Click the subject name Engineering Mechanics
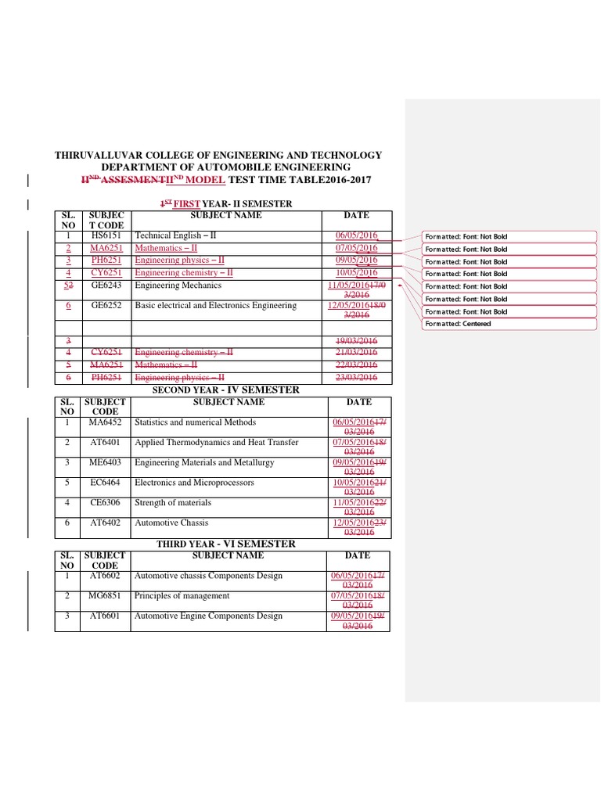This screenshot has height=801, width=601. click(x=178, y=286)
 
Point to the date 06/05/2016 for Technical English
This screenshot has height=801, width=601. click(x=356, y=235)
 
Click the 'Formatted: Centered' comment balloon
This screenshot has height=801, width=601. click(x=459, y=324)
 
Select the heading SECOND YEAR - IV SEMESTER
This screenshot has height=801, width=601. click(x=225, y=390)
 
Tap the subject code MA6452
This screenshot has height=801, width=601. click(x=106, y=422)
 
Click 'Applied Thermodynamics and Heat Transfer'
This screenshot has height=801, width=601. click(x=217, y=442)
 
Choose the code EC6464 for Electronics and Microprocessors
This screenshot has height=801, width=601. click(x=106, y=483)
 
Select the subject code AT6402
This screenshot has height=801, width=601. click(x=106, y=523)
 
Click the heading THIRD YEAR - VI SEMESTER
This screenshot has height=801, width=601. click(x=225, y=544)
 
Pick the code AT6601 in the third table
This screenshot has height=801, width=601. click(x=106, y=616)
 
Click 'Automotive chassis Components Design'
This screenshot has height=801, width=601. click(x=208, y=576)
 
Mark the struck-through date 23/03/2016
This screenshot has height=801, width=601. click(x=356, y=378)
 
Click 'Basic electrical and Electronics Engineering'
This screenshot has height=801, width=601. click(x=216, y=305)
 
